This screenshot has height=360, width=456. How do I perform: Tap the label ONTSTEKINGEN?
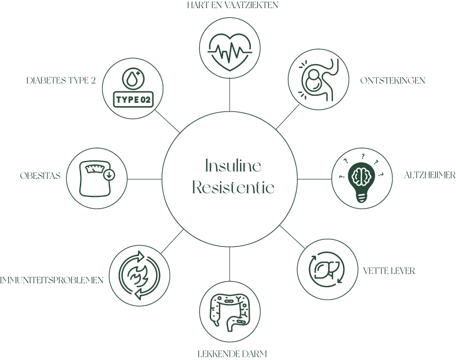coord(392,80)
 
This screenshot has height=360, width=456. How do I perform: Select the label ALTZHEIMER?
coord(429,175)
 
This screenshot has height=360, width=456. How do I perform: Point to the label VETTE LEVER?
coord(389,271)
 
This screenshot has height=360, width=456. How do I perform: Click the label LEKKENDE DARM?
coord(232,354)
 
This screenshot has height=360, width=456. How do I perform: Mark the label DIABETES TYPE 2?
coord(61,80)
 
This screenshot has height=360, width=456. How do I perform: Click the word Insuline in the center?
coord(233,166)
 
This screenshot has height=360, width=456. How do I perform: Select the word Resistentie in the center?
coord(233,188)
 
